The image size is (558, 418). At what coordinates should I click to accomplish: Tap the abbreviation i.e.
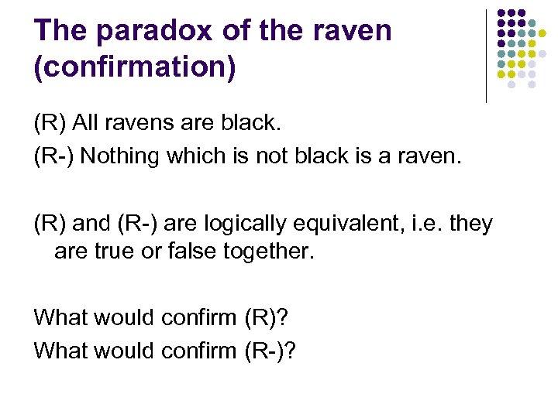point(425,224)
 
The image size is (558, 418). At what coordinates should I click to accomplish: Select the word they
point(471,224)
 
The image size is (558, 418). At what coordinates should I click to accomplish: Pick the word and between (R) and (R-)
point(91,224)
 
